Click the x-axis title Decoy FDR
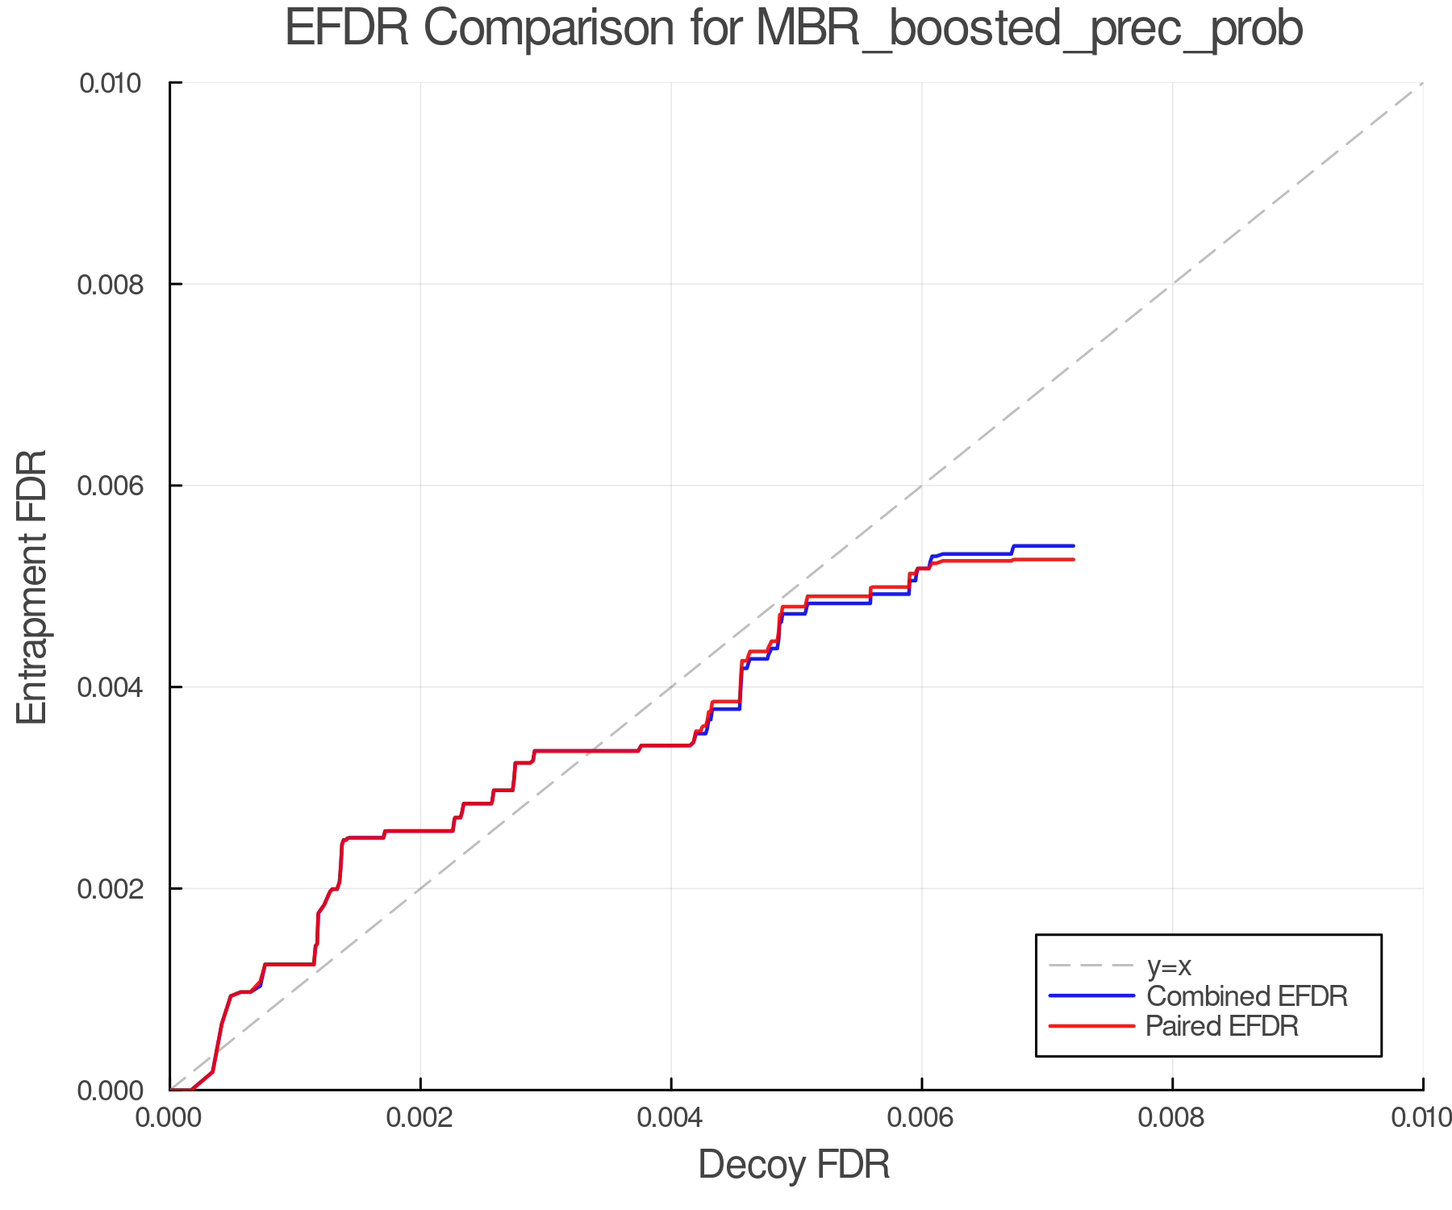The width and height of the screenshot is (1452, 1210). click(794, 1165)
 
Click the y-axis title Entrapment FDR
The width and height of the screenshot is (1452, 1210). click(32, 586)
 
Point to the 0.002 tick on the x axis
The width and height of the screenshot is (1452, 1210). click(420, 1118)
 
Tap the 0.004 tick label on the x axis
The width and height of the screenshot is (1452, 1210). click(671, 1118)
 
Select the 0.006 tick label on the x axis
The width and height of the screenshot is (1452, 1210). click(921, 1118)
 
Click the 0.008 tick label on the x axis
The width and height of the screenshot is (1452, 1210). click(1172, 1118)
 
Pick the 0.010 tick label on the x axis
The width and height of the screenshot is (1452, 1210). click(1421, 1118)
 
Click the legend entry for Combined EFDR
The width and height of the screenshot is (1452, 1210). click(1246, 996)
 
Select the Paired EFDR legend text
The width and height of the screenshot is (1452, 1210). click(1222, 1026)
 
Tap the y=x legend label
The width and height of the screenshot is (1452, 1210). click(1169, 966)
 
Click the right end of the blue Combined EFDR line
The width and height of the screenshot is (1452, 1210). click(1073, 546)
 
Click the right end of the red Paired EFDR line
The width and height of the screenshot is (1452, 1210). click(1073, 560)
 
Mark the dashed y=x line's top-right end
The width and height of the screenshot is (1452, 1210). click(1421, 84)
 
